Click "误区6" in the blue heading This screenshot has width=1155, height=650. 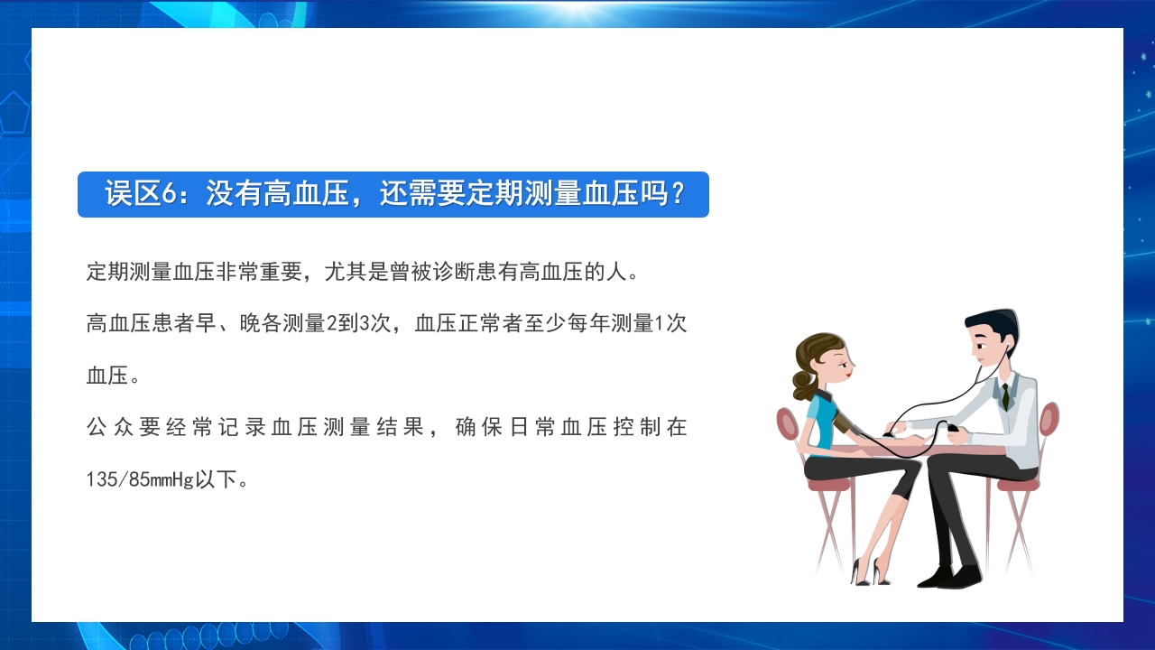click(x=138, y=194)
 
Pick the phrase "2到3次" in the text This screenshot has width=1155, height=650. click(x=356, y=323)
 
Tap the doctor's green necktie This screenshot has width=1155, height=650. click(x=1004, y=395)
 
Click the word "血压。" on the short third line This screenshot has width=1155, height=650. click(x=113, y=376)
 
